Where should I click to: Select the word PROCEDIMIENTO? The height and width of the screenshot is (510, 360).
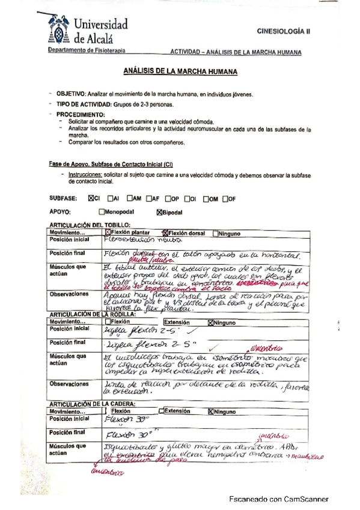coord(81,114)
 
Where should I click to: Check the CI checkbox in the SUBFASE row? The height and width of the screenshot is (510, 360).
coord(91,198)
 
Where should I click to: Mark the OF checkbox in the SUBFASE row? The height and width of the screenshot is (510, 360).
coord(225,198)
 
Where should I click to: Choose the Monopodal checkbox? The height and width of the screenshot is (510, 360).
coord(102,212)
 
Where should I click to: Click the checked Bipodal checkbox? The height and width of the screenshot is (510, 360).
coord(159,212)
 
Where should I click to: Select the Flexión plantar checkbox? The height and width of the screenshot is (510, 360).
coord(108,232)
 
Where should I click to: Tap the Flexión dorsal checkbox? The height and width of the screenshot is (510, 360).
coord(165,232)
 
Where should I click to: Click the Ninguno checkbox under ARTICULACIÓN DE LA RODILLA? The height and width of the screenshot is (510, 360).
coord(210,306)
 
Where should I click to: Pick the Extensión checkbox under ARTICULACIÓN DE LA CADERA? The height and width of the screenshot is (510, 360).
coord(162,412)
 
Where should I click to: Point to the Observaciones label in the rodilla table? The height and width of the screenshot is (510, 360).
coord(69,383)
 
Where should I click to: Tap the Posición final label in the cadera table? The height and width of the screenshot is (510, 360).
coord(67,432)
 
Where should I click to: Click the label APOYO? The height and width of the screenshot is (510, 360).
coord(61,212)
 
